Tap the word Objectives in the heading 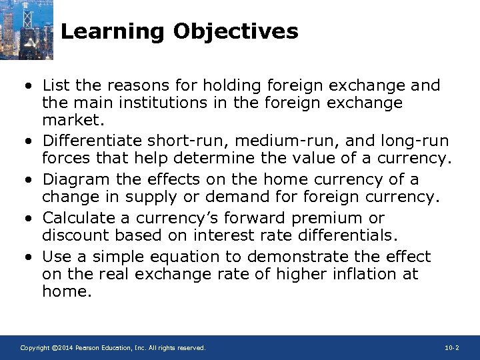coord(237,31)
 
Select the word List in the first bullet coord(55,85)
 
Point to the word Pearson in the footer coord(90,348)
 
